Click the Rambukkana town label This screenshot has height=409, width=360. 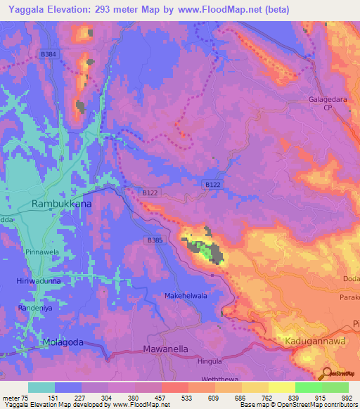click(62, 204)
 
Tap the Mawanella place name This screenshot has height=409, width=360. click(167, 348)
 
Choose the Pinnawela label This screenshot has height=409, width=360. click(43, 251)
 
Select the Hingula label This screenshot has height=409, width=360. click(210, 361)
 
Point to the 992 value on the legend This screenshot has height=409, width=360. click(345, 397)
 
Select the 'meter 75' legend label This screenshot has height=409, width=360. click(14, 397)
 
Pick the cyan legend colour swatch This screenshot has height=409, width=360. click(41, 387)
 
